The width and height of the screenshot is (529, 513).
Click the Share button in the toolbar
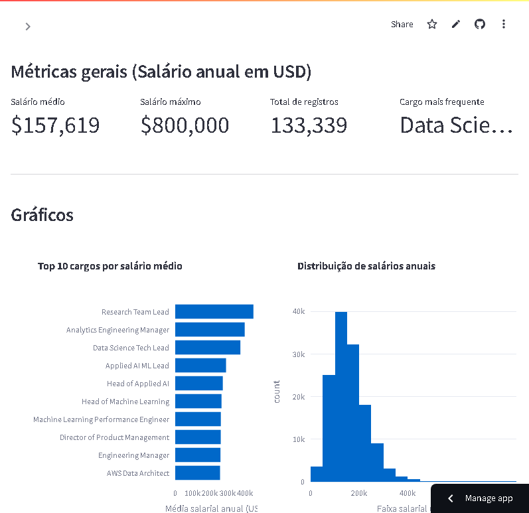402,25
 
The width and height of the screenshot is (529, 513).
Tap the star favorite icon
432,25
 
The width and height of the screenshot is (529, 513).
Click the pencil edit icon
456,25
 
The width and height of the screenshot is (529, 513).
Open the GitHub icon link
480,25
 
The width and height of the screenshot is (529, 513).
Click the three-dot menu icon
504,25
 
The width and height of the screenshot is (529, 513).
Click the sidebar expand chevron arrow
27,27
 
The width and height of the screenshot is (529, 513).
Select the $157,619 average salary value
55,125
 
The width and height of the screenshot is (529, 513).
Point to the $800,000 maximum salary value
185,125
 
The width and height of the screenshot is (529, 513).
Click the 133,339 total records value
308,125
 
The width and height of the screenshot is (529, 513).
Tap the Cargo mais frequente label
441,102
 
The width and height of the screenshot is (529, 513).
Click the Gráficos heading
42,215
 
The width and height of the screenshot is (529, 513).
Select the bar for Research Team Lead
214,311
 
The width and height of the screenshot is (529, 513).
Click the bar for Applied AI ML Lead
200,366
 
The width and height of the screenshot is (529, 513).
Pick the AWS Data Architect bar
197,473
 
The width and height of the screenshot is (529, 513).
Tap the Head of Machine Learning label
125,402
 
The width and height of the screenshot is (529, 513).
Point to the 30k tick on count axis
300,354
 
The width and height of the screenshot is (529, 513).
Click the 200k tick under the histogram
359,493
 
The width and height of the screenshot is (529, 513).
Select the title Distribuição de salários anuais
366,266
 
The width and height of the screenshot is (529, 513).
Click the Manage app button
480,498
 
